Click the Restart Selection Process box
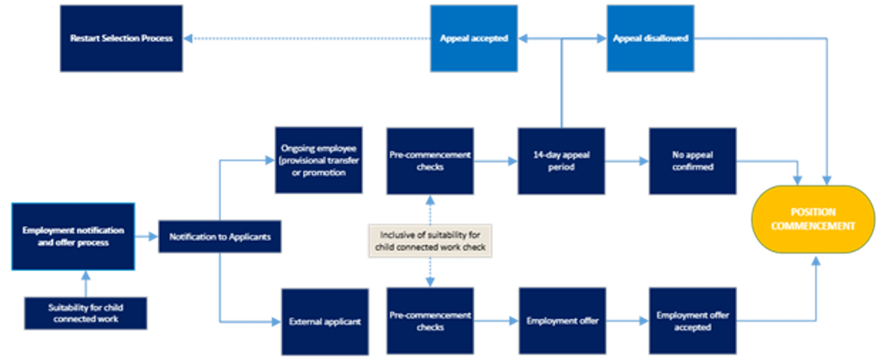pos(122,39)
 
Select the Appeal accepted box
pos(474,39)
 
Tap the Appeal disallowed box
pos(650,39)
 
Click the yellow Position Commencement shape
pos(813,219)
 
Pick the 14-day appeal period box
pos(561,161)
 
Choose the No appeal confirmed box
pos(693,161)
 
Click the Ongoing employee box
pos(319,160)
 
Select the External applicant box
pos(325,321)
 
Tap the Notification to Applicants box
pos(220,237)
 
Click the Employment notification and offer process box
pos(73,237)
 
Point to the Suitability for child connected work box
pos(86,313)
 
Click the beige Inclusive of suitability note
pos(430,241)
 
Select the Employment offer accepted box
pos(693,321)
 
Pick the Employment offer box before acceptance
pos(562,321)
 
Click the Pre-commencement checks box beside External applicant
pos(430,321)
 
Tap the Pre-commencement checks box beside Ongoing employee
pos(430,161)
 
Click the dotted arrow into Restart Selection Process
pos(307,39)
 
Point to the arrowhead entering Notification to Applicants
pos(153,237)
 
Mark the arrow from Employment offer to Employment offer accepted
pos(628,321)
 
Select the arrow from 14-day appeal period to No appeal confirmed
pos(627,161)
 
